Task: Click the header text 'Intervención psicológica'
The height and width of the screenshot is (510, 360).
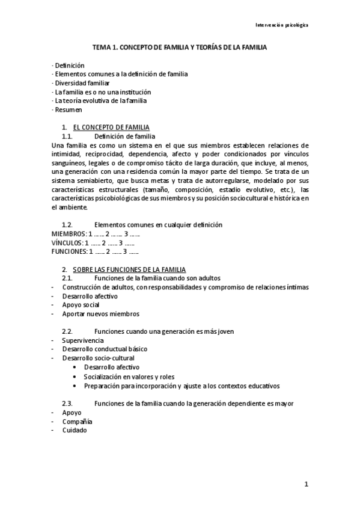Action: click(x=282, y=25)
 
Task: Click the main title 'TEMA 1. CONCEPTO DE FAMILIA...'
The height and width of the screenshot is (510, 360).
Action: click(x=180, y=46)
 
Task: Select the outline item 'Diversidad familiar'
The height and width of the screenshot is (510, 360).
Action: click(x=82, y=83)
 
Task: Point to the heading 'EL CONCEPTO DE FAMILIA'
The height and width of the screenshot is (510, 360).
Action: click(x=111, y=127)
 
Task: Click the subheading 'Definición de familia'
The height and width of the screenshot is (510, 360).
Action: click(x=125, y=137)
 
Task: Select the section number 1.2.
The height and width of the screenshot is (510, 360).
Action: click(x=67, y=225)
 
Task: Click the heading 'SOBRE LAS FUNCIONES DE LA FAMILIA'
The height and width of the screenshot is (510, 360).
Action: click(x=129, y=269)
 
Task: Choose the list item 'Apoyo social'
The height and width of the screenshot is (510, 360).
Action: click(x=81, y=305)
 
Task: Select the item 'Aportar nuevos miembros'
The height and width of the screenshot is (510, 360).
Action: click(x=100, y=314)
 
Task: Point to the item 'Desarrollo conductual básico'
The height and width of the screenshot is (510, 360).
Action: click(x=104, y=349)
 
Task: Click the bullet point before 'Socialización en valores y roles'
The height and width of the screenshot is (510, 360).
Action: click(x=74, y=376)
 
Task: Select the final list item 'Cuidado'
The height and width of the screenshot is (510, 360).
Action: click(x=74, y=431)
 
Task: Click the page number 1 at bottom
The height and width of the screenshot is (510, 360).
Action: click(x=306, y=484)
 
